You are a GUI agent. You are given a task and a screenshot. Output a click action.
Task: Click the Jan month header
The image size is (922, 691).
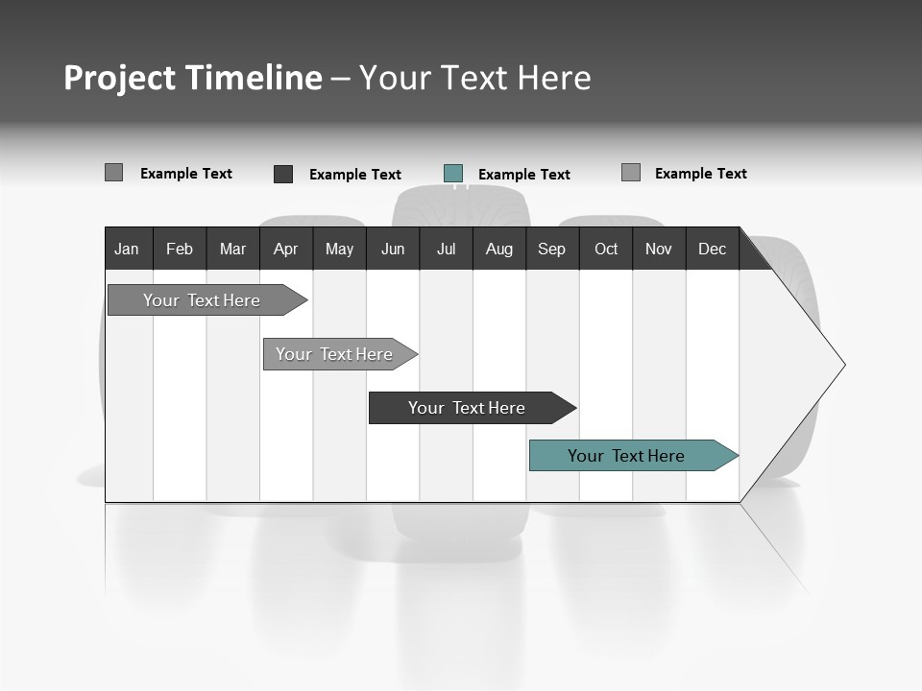[127, 249]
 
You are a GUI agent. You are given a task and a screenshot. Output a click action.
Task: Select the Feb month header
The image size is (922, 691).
[180, 249]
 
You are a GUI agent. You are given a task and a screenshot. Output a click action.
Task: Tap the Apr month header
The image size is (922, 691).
[286, 249]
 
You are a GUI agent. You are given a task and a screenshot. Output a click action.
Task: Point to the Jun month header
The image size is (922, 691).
[393, 249]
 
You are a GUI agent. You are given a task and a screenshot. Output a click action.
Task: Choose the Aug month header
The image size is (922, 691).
[499, 249]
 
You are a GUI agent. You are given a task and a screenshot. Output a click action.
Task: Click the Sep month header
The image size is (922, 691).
[552, 249]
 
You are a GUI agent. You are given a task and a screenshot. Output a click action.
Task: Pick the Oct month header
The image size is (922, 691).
[606, 249]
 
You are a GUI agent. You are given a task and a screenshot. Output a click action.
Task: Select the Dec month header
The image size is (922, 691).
[713, 249]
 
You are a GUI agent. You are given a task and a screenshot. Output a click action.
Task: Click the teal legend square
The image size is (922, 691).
[453, 174]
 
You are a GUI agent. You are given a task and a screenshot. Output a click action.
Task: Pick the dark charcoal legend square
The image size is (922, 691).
[283, 174]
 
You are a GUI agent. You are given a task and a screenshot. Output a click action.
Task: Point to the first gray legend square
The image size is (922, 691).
[113, 173]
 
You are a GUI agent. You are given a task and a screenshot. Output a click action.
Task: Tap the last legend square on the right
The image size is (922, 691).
[631, 173]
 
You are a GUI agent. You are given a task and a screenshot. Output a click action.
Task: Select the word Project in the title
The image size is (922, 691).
[119, 78]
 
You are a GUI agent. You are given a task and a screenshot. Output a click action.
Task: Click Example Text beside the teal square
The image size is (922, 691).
[523, 175]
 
